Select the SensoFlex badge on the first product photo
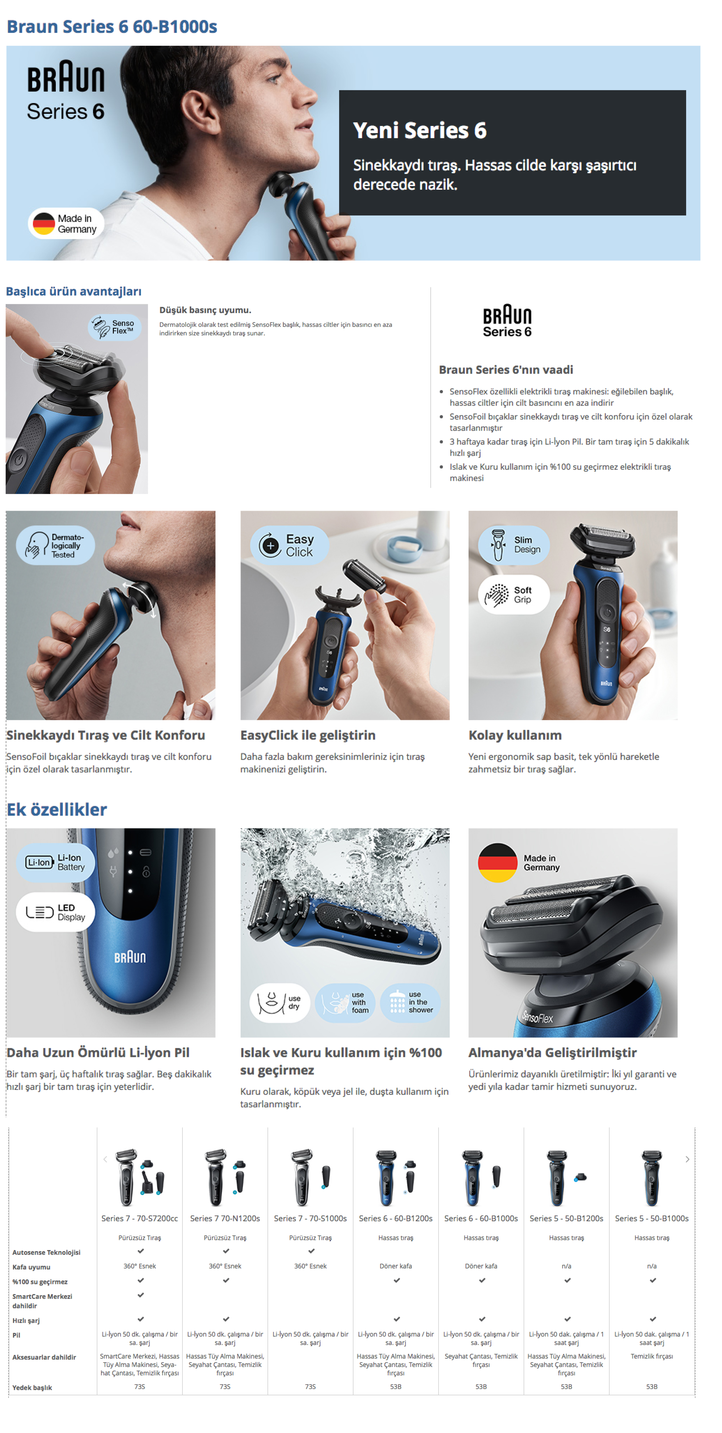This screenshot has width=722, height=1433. pyautogui.click(x=115, y=327)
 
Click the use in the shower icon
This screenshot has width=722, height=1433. pyautogui.click(x=410, y=1002)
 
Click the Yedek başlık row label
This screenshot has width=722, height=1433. pyautogui.click(x=32, y=1387)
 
